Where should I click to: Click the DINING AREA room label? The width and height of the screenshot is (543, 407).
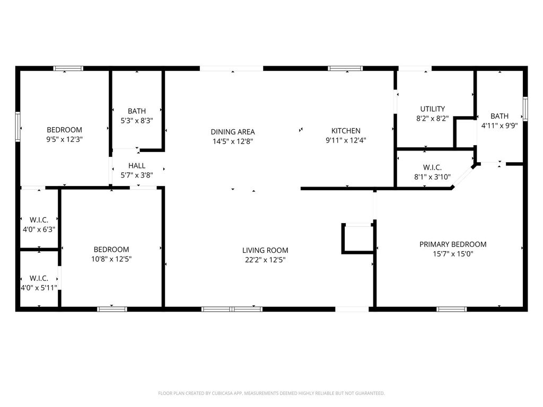click(233, 132)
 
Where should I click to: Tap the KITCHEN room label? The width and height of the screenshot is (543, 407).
click(346, 131)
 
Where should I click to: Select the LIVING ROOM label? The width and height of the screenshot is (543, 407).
click(265, 250)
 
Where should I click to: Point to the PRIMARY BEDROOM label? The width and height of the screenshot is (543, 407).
click(453, 244)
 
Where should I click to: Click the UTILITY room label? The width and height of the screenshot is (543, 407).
click(433, 109)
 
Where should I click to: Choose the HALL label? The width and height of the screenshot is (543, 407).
click(137, 166)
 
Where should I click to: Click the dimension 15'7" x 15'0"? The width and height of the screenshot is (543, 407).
click(453, 254)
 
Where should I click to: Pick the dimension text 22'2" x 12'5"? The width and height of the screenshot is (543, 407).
click(265, 260)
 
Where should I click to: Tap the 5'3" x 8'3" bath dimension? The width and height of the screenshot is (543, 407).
click(137, 121)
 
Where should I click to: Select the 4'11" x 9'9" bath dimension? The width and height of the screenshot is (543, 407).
click(500, 126)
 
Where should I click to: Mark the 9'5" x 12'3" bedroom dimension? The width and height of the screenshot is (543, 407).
click(64, 139)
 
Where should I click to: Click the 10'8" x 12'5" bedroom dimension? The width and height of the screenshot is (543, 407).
click(111, 259)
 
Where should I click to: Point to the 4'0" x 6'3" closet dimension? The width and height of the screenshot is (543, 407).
click(39, 229)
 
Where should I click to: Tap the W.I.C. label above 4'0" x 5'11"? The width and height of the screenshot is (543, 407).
click(39, 278)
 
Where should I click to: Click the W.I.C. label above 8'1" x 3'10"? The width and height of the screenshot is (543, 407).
click(433, 167)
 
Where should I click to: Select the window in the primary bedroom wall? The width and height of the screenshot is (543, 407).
click(452, 309)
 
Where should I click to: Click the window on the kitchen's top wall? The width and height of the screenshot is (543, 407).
click(345, 68)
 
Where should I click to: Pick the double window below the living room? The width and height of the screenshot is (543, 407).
click(232, 309)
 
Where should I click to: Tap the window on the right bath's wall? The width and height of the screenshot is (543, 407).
click(526, 109)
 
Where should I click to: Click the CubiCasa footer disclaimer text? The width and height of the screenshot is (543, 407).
click(271, 393)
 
